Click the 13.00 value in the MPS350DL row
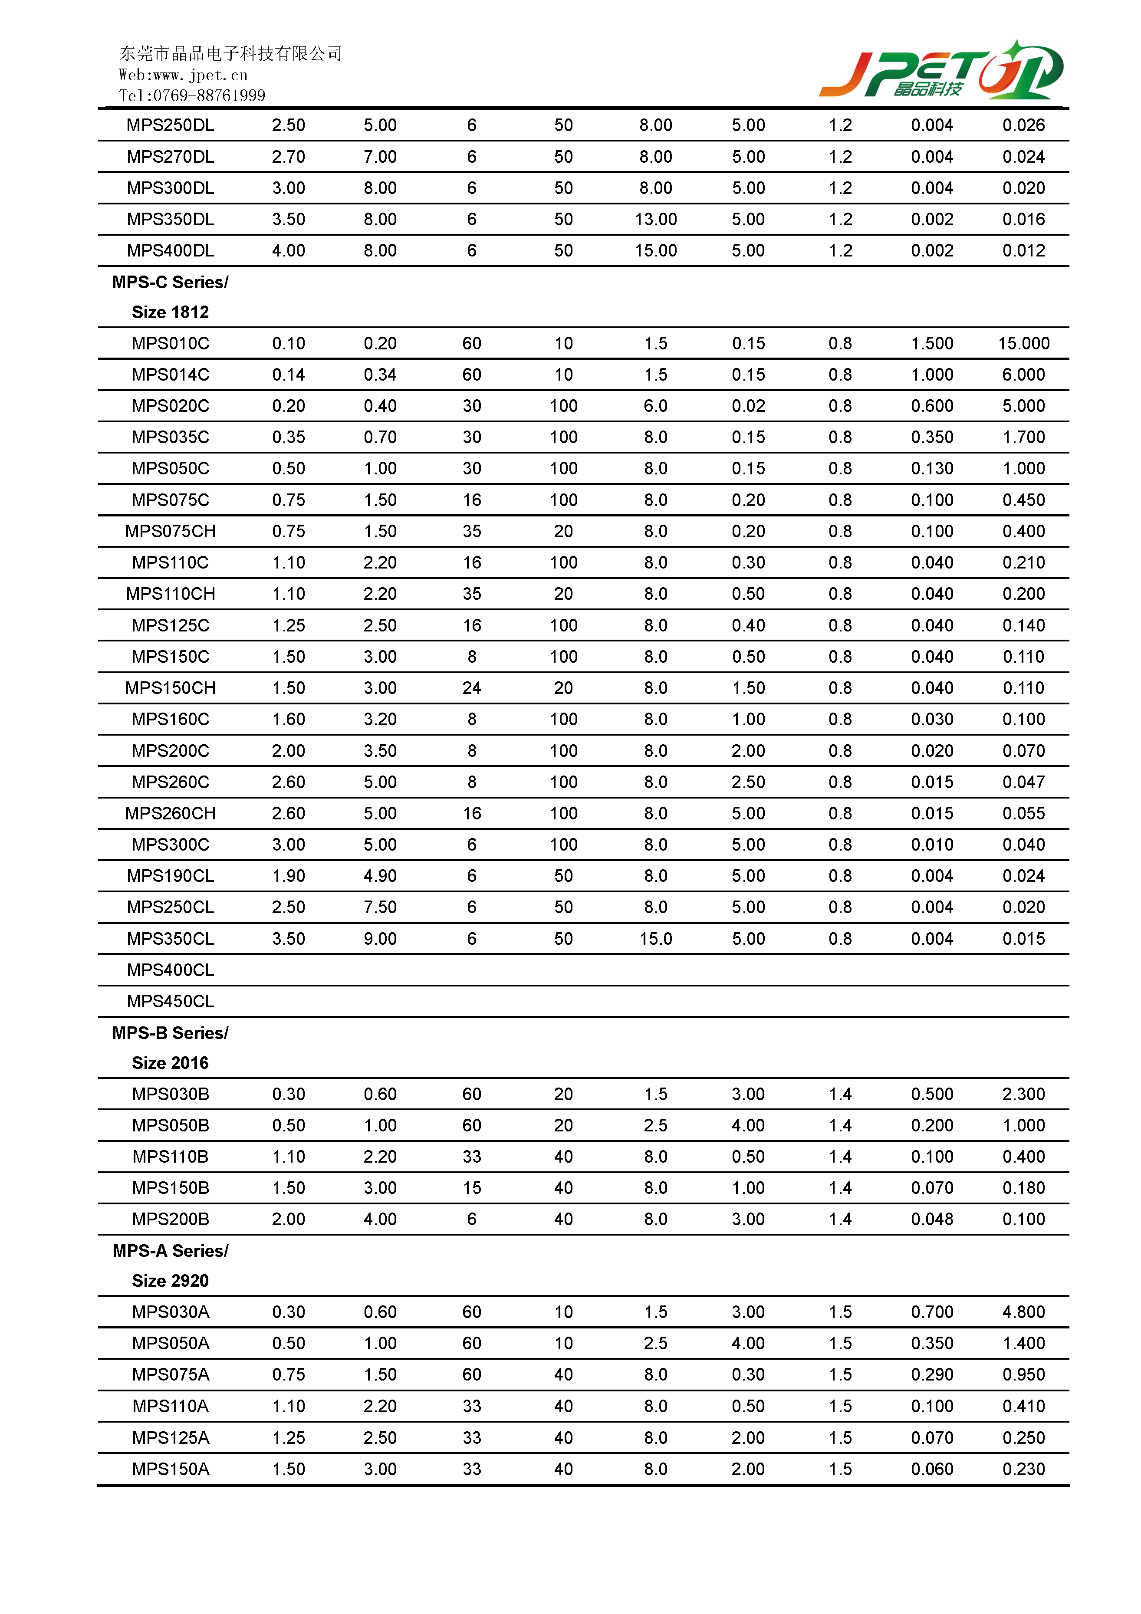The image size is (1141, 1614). pyautogui.click(x=655, y=219)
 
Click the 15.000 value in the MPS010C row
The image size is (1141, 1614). pyautogui.click(x=1023, y=344)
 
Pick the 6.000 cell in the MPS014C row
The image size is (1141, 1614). pyautogui.click(x=1023, y=375)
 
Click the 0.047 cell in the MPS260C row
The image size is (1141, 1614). pyautogui.click(x=1023, y=782)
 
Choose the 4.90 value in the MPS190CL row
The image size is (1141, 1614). pyautogui.click(x=380, y=876)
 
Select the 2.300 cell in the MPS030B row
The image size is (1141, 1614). pyautogui.click(x=1023, y=1095)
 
